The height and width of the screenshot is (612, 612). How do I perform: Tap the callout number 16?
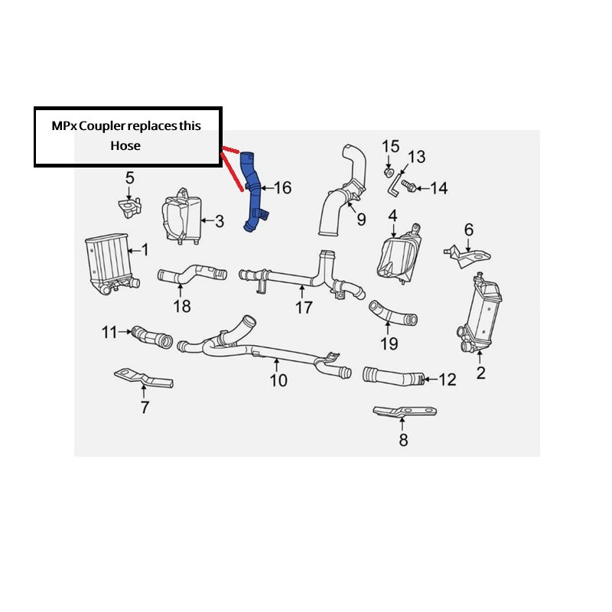(x=282, y=187)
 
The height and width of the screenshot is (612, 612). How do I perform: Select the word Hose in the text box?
(x=125, y=145)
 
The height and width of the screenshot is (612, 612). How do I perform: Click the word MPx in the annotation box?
(x=67, y=125)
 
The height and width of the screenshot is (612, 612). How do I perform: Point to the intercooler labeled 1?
(x=106, y=264)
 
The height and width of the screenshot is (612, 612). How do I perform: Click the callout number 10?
(x=278, y=379)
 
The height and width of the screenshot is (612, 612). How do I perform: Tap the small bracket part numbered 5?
(x=130, y=206)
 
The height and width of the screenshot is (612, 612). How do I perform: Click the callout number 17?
(x=304, y=308)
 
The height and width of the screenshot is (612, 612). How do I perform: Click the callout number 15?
(x=390, y=146)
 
